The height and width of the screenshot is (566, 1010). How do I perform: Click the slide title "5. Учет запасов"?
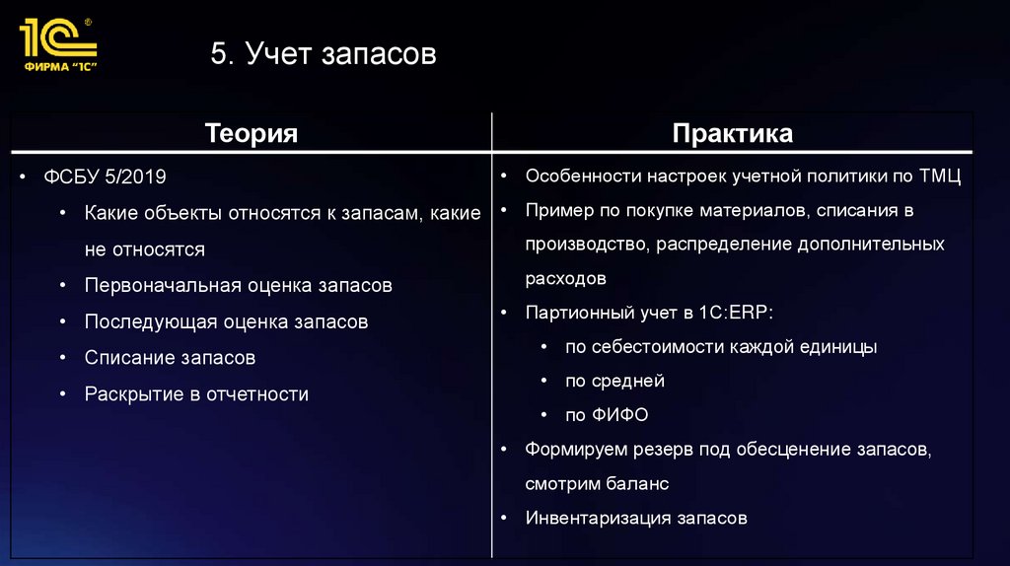click(323, 54)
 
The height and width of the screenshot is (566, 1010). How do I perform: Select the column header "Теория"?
click(251, 133)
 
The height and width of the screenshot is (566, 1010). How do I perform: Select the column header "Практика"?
click(732, 133)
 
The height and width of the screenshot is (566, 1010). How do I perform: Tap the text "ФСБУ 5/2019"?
click(105, 177)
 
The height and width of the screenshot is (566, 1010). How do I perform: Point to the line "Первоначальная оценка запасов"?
click(238, 285)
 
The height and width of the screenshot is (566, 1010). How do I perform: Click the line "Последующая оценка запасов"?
click(226, 321)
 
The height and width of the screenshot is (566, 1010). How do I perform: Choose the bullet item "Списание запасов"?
click(170, 357)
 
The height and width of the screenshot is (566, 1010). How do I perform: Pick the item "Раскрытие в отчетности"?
click(196, 393)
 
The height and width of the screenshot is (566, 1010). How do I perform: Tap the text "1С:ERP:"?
click(739, 313)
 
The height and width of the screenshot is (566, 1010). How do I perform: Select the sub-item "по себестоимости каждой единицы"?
click(721, 347)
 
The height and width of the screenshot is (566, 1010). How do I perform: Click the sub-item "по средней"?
click(614, 381)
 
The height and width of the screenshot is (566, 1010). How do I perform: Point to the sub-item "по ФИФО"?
click(607, 415)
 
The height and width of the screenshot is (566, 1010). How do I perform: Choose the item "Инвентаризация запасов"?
click(636, 518)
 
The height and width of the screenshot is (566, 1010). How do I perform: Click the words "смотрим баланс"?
click(597, 483)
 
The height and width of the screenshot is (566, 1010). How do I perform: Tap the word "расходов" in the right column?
click(565, 278)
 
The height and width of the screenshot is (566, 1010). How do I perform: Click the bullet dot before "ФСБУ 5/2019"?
click(22, 177)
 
